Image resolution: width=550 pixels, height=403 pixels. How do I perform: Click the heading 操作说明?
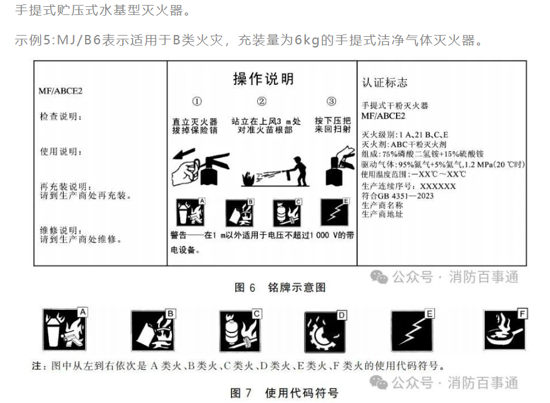[x=263, y=79]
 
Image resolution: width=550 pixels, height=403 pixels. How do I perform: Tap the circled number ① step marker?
[x=196, y=102]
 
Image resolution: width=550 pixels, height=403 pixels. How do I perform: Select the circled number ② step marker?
[x=262, y=102]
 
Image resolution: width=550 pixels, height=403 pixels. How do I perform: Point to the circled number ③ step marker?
[x=332, y=102]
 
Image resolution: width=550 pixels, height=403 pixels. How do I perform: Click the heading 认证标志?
[x=385, y=82]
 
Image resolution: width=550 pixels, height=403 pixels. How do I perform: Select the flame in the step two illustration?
[x=248, y=179]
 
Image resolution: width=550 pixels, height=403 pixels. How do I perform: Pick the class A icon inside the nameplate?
[x=190, y=212]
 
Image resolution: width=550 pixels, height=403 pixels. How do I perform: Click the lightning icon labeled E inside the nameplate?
[x=335, y=212]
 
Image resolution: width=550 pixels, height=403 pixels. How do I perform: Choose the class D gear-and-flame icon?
[x=325, y=332]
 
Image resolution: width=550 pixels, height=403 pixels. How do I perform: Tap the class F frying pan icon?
[x=505, y=330]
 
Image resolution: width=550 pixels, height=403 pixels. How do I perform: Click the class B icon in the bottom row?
[x=153, y=331]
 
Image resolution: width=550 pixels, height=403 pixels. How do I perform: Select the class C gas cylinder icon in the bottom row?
[x=240, y=331]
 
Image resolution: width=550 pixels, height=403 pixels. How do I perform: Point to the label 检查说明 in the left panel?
[x=61, y=117]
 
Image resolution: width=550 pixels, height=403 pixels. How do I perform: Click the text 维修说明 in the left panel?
[x=61, y=231]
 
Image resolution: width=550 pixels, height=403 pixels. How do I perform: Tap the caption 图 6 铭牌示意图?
[x=280, y=287]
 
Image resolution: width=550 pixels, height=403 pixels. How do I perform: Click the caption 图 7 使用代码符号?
[x=285, y=393]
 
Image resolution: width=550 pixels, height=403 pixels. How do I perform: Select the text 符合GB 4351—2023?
[x=398, y=196]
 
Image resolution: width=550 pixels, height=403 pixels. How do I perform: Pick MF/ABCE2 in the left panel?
[x=60, y=91]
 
